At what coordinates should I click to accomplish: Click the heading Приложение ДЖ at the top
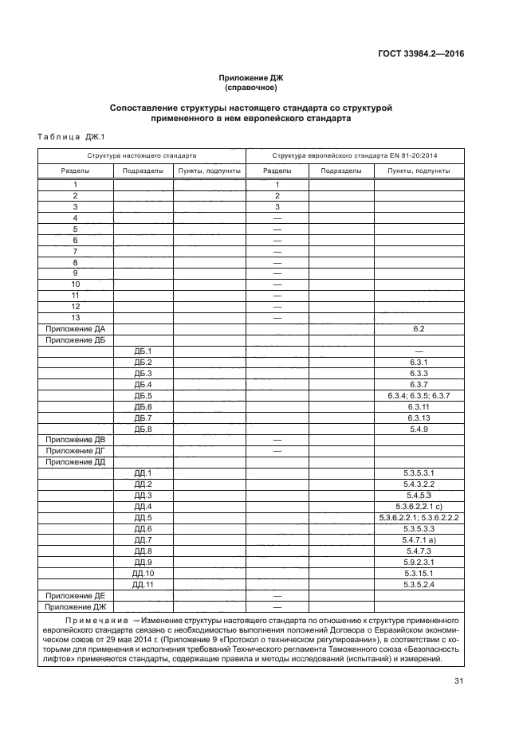251,77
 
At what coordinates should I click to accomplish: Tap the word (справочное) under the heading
251,88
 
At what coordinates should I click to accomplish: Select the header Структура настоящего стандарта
142,155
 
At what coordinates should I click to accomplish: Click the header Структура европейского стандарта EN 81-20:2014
360,155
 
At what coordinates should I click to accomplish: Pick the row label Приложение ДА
76,328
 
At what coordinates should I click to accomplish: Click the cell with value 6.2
419,328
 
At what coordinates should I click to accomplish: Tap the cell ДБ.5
144,395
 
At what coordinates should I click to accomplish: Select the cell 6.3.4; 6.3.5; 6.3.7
419,395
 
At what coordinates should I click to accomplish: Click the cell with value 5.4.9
419,429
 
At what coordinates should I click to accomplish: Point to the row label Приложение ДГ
76,451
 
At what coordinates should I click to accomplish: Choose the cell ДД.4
144,507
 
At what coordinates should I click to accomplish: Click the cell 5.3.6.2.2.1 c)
419,507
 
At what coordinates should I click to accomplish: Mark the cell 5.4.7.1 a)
419,540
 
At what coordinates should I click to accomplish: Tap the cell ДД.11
144,585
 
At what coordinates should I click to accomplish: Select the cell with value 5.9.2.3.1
419,563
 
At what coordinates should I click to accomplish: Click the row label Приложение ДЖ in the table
76,607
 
